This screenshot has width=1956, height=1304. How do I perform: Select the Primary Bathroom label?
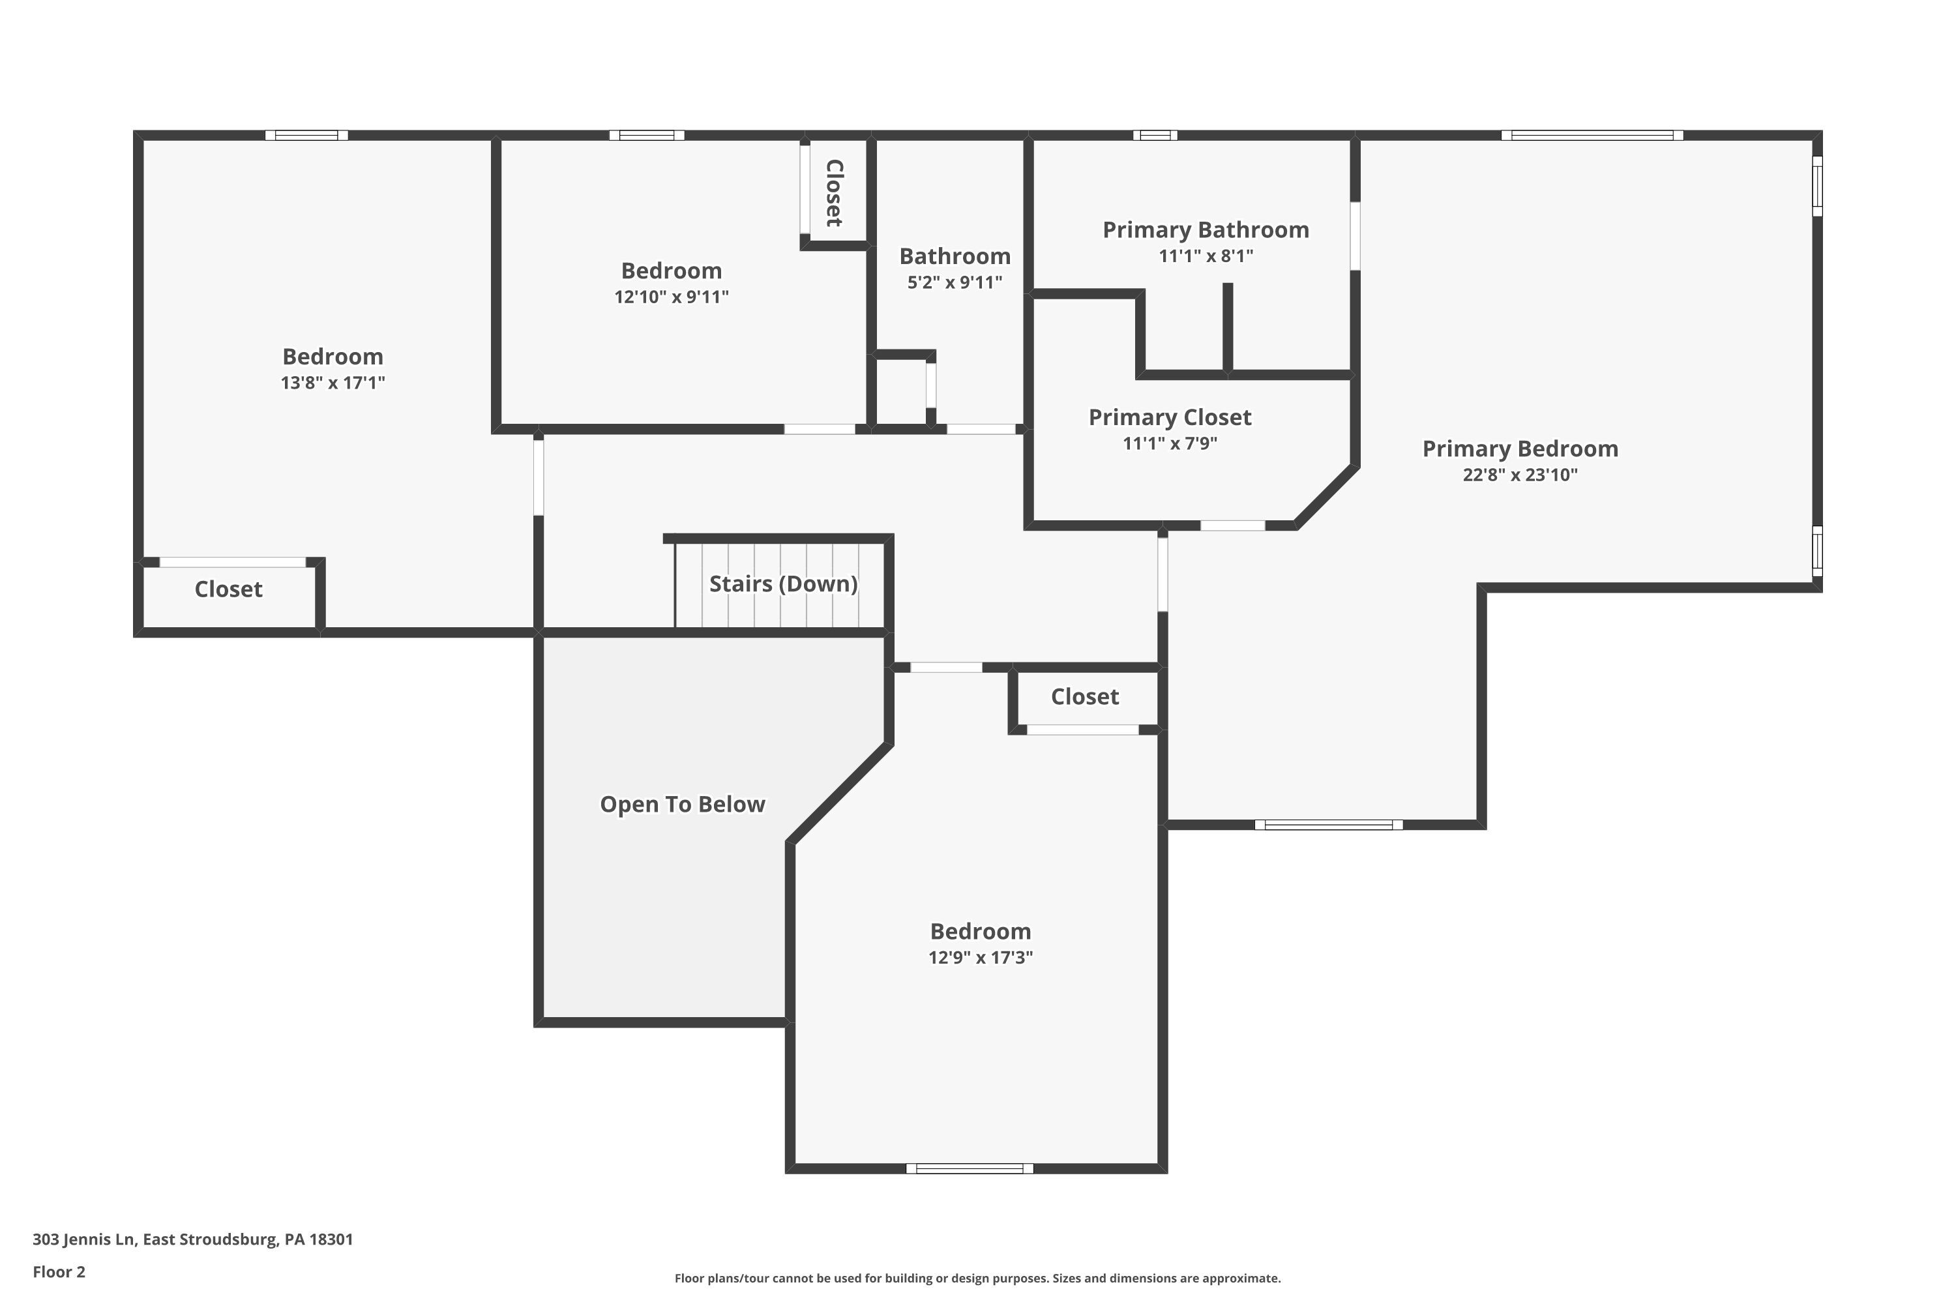(x=1205, y=230)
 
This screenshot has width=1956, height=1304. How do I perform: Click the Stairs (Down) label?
(x=782, y=584)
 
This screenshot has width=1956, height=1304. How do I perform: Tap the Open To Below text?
(x=682, y=804)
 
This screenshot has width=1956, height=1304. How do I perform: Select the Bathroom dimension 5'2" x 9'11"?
(x=954, y=282)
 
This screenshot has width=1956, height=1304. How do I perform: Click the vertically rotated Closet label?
(x=834, y=193)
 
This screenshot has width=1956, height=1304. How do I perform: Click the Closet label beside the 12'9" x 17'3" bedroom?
(x=1084, y=697)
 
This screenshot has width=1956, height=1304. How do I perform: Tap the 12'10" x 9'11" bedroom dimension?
(x=671, y=297)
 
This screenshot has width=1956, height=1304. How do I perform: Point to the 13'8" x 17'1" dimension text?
(x=332, y=383)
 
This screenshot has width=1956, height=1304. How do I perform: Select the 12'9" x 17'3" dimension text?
(x=980, y=957)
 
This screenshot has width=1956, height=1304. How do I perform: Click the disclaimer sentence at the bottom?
(x=977, y=1278)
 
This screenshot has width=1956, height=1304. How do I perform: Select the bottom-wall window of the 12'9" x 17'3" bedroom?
(x=969, y=1168)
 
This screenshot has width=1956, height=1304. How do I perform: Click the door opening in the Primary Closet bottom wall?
(x=1232, y=526)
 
